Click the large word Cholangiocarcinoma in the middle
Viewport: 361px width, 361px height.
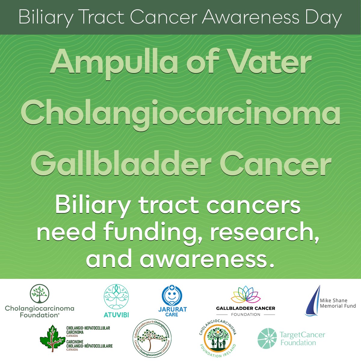[x=180, y=114]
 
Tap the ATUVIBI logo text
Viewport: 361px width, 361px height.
[x=116, y=314]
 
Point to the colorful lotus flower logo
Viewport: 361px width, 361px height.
[x=245, y=295]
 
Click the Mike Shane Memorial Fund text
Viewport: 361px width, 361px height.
[x=338, y=303]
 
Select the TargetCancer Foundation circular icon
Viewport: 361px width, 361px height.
[x=267, y=338]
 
